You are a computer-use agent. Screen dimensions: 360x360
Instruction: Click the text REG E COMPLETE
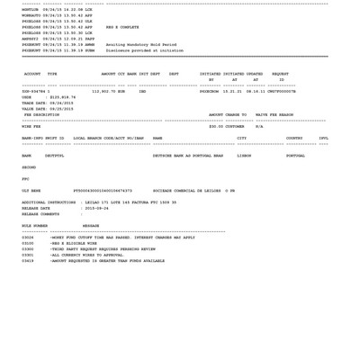122,27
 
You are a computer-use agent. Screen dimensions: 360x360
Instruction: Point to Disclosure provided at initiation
144,50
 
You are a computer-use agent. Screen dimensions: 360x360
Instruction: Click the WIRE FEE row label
31,127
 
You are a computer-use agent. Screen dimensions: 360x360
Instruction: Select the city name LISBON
244,156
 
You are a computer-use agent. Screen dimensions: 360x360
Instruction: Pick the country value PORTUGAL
295,156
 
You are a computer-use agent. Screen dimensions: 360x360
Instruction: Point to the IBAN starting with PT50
103,191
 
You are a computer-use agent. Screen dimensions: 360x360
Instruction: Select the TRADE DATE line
48,103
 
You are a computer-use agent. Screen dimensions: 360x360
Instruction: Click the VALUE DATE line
48,109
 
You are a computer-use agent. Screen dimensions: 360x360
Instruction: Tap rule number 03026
28,238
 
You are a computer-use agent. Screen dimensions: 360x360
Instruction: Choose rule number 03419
28,261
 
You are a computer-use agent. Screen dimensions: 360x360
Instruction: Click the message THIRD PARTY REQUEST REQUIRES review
103,249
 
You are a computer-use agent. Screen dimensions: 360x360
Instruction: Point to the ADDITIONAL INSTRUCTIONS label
49,202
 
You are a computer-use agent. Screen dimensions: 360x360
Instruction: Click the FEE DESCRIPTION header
41,115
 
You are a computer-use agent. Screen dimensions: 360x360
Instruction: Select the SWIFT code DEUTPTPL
54,156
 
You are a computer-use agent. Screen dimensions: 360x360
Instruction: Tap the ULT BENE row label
31,191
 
